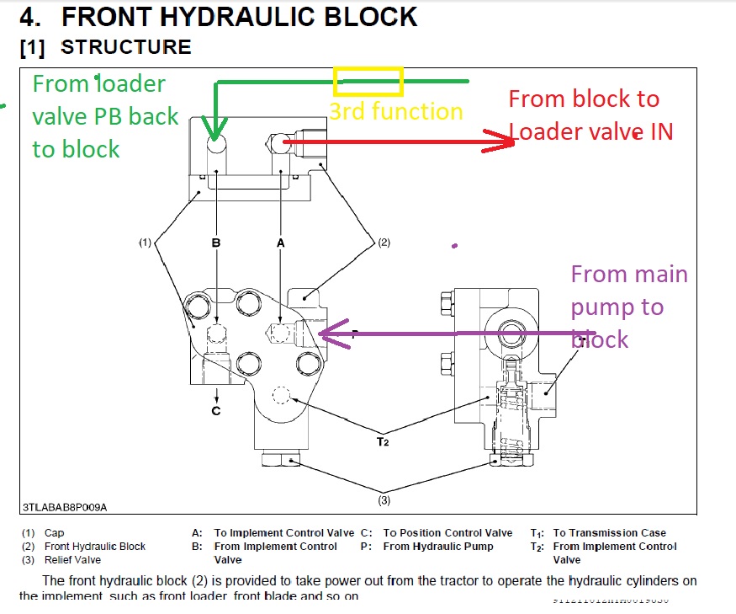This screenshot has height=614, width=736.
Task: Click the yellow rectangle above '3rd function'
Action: [368, 81]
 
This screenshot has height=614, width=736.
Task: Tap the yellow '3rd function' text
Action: [395, 111]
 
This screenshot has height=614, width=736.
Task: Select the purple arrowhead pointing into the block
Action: [331, 334]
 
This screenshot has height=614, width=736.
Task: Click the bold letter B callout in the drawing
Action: [216, 243]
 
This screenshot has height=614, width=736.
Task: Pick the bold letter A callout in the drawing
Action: [281, 243]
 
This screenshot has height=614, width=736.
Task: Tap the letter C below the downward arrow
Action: [216, 411]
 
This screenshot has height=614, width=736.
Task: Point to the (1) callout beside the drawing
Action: [145, 243]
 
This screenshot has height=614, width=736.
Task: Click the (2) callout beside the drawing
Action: [383, 243]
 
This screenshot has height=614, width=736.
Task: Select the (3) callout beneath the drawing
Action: [384, 501]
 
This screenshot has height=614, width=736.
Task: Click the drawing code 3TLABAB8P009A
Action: [65, 507]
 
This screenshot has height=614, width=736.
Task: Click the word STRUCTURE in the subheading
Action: [126, 47]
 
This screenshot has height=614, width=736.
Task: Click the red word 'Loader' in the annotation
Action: [544, 132]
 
